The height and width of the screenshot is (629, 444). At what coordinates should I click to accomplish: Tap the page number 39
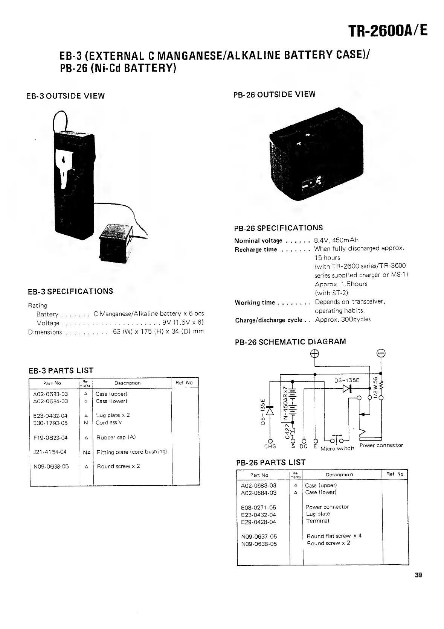418,574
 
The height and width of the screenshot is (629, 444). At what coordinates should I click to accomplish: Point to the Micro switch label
337,448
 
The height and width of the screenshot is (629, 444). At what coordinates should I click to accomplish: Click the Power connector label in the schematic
381,445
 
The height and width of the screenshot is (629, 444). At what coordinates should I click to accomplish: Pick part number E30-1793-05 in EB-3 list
50,422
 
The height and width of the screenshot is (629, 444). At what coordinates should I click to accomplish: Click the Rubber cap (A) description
116,437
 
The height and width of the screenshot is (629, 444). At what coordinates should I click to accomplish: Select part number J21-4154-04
50,452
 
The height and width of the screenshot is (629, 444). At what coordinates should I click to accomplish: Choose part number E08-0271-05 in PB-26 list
258,507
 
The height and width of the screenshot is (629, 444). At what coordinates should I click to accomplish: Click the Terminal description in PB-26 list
317,521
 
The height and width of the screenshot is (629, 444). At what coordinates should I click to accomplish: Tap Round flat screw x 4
334,536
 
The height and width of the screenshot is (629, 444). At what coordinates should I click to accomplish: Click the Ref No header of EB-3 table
184,383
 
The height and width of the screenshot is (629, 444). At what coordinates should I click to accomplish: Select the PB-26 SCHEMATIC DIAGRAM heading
290,342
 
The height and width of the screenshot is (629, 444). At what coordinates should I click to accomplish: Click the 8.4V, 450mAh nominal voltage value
337,240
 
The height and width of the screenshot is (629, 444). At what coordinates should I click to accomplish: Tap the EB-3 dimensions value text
158,332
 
